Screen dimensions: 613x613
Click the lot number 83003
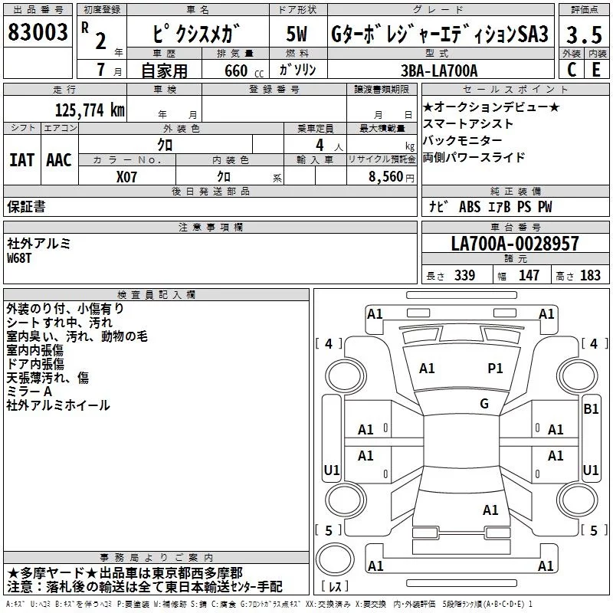(x=38, y=31)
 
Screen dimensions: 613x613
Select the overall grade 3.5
(x=584, y=34)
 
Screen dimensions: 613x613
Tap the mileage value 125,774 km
(x=90, y=110)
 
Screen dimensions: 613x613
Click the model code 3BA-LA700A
(x=439, y=70)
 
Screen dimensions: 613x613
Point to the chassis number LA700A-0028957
(x=515, y=244)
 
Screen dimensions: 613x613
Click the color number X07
(x=126, y=177)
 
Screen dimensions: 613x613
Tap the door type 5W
(x=297, y=34)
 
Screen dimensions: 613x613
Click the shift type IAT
(x=22, y=160)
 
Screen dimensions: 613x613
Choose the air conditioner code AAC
(x=59, y=160)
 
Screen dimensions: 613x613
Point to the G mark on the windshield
(x=484, y=404)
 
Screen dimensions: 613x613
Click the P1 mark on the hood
(x=495, y=369)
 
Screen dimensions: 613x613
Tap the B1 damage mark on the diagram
(x=591, y=409)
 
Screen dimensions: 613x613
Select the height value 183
(x=590, y=275)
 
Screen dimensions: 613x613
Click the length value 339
(x=465, y=275)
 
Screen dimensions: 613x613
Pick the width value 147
(x=529, y=275)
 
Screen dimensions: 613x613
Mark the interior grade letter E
(x=596, y=70)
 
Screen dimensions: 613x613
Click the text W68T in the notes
(x=18, y=258)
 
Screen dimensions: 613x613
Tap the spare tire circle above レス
(x=335, y=559)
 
